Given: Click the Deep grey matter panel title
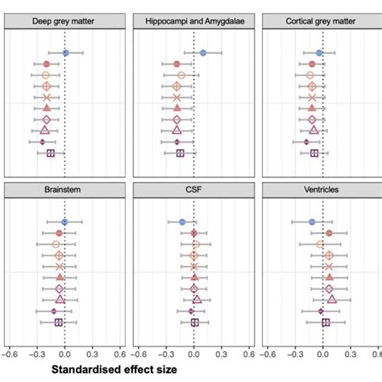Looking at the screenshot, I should pyautogui.click(x=64, y=19).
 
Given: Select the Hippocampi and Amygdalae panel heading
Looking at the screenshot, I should pyautogui.click(x=193, y=19).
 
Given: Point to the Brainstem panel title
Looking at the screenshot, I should pyautogui.click(x=64, y=189).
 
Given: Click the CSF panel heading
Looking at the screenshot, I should pyautogui.click(x=193, y=189).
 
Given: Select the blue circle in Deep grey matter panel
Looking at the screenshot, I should pyautogui.click(x=66, y=52).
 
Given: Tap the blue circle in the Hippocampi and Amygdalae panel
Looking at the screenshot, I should pyautogui.click(x=203, y=52).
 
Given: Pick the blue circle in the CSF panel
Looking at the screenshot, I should pyautogui.click(x=182, y=222).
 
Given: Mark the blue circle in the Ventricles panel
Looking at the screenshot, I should pyautogui.click(x=312, y=222).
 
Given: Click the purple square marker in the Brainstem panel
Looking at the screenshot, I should pyautogui.click(x=58, y=322).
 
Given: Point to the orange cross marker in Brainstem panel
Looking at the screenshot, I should pyautogui.click(x=59, y=266).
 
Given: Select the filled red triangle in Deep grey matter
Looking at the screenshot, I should pyautogui.click(x=47, y=108).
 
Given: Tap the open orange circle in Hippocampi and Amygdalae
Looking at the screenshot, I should pyautogui.click(x=181, y=75).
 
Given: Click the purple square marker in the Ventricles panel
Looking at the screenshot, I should pyautogui.click(x=326, y=322).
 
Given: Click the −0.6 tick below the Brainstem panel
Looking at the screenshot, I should pyautogui.click(x=10, y=352).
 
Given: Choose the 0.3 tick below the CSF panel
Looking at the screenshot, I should pyautogui.click(x=222, y=352).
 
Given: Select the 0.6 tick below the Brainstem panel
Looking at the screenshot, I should pyautogui.click(x=119, y=352).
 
